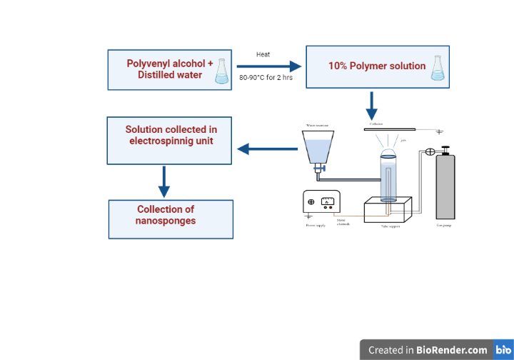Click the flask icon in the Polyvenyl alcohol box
(223, 71)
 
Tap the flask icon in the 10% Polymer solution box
(438, 66)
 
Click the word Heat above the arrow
(263, 54)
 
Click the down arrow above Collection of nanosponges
(164, 181)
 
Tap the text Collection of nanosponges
(166, 215)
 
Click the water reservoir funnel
(318, 148)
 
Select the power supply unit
(321, 202)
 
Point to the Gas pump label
(445, 226)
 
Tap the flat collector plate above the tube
(388, 129)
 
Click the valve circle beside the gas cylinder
(430, 151)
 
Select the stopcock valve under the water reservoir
(319, 169)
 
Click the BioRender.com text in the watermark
(452, 350)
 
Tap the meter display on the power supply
(328, 201)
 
